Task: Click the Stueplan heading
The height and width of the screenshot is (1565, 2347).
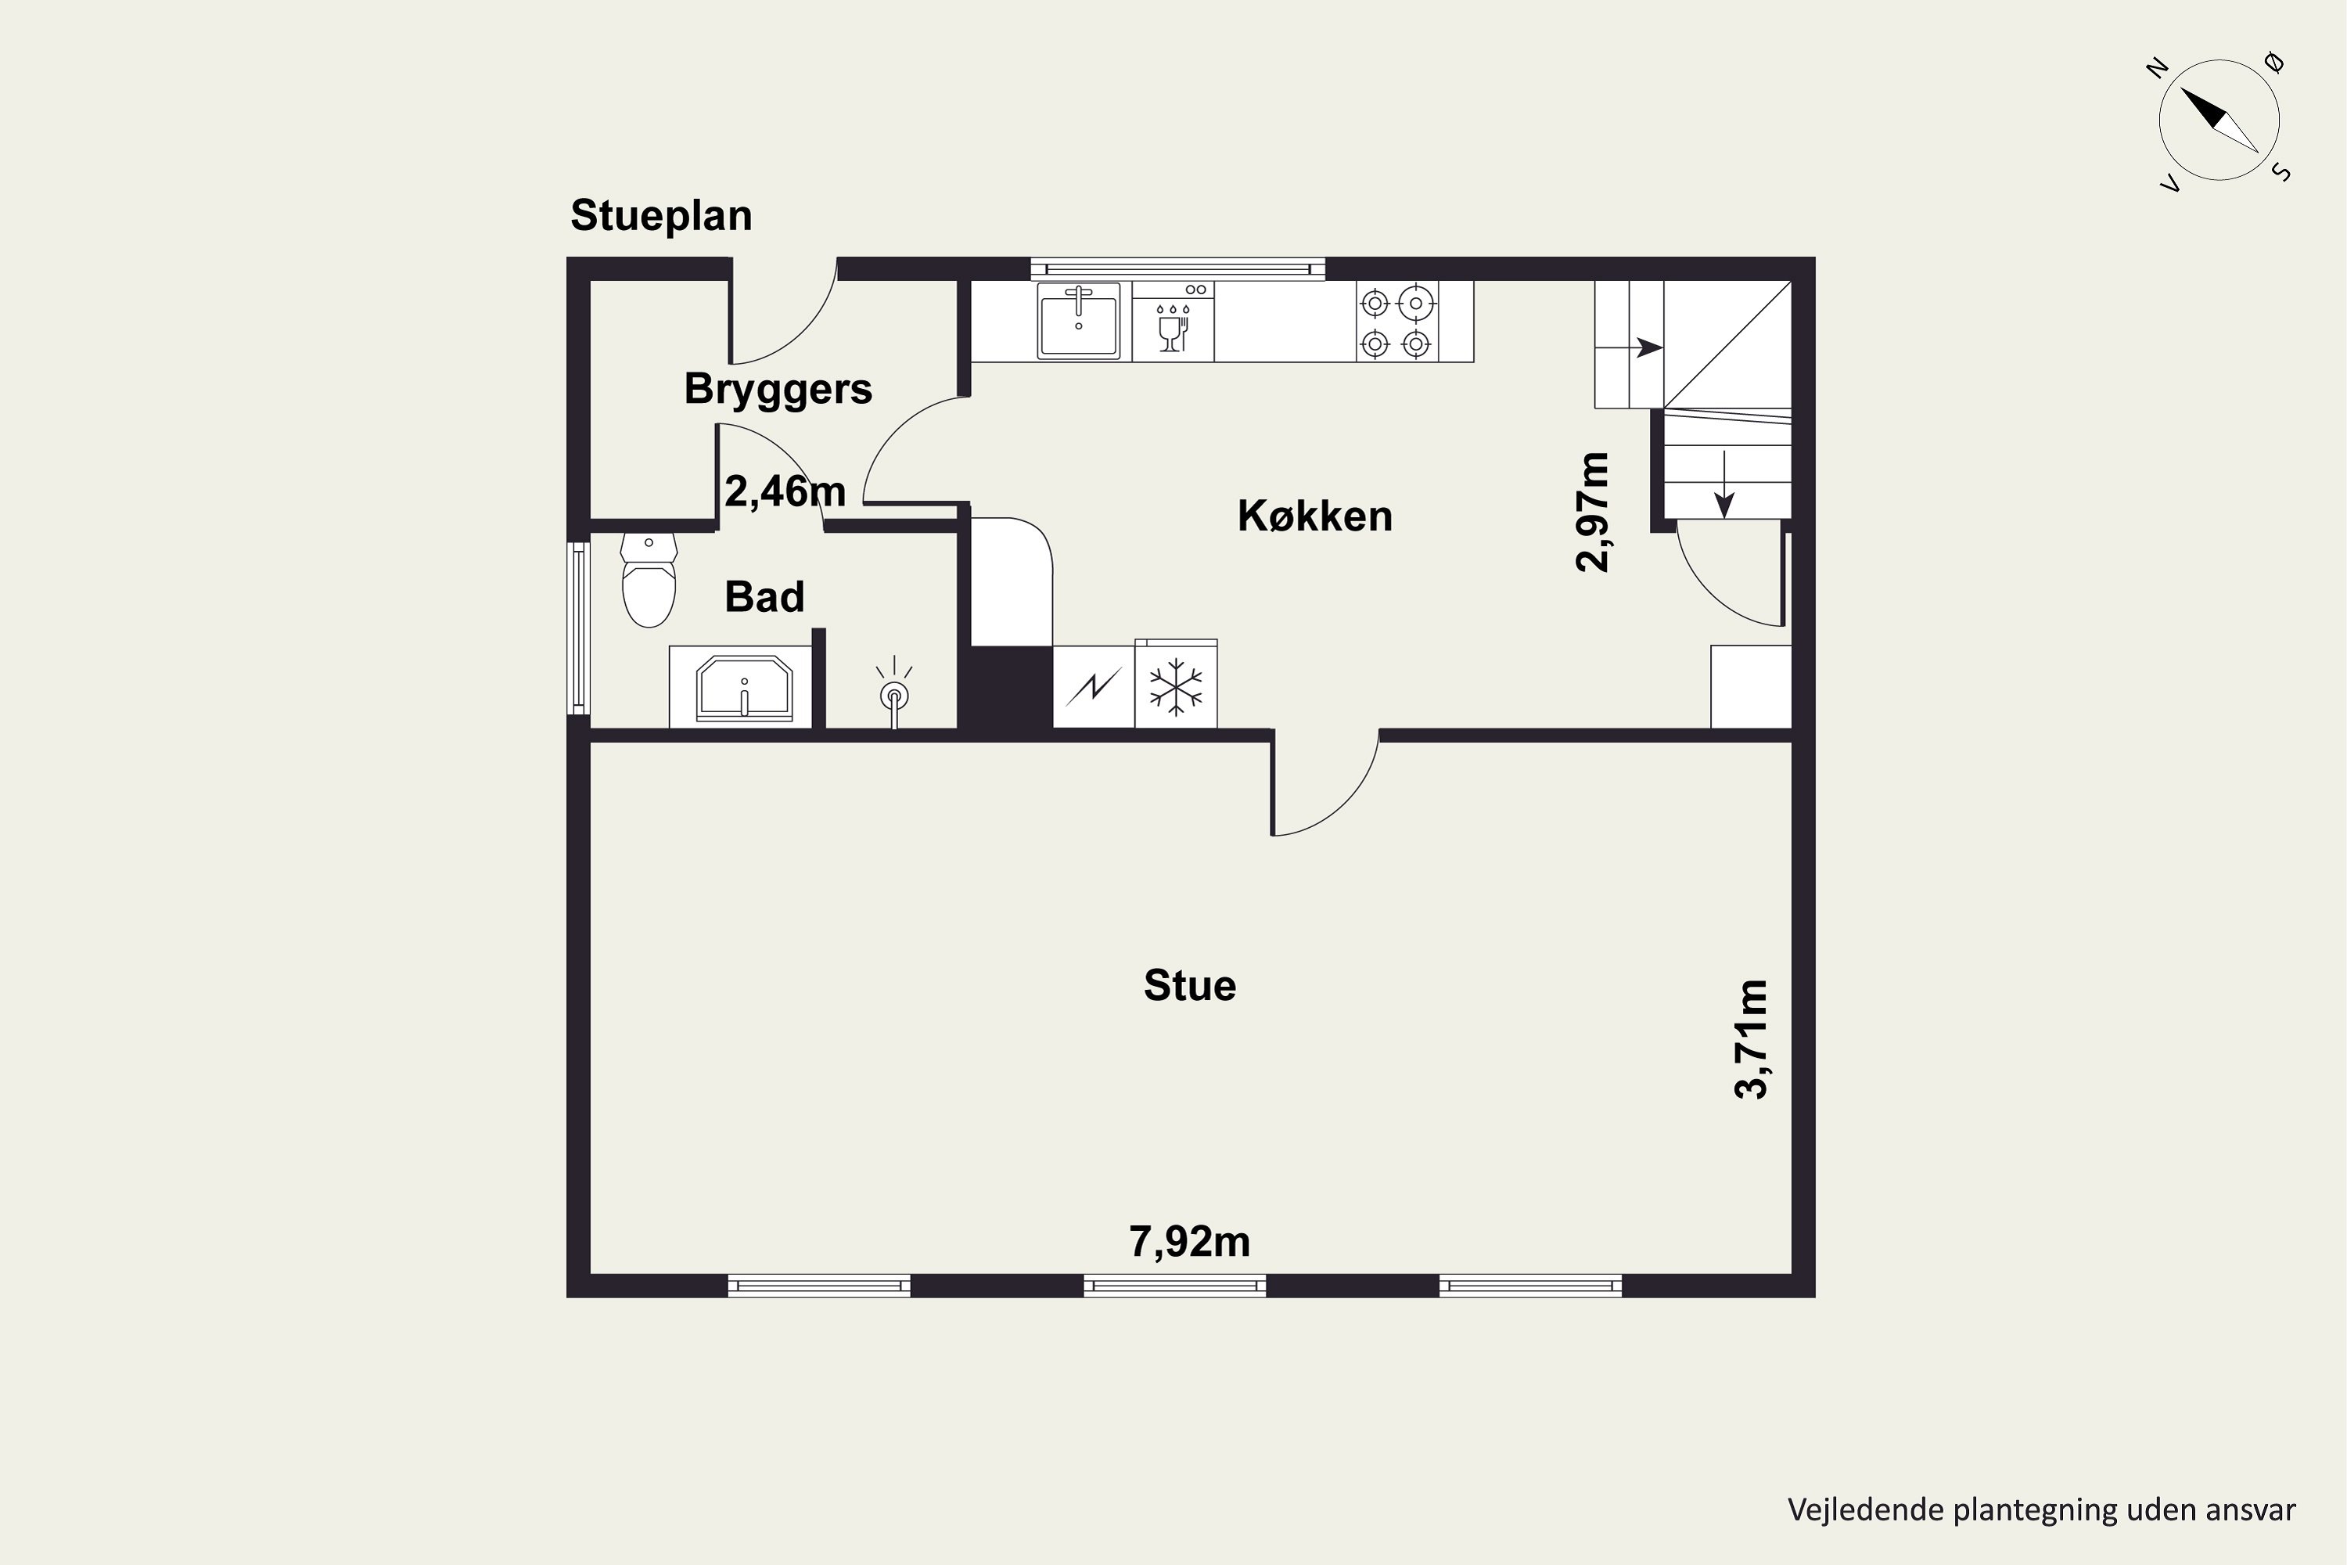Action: pos(660,217)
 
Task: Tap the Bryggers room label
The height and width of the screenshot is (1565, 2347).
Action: pos(778,389)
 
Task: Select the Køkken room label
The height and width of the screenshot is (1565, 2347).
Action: pos(1314,516)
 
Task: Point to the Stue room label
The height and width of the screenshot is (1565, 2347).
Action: pos(1189,986)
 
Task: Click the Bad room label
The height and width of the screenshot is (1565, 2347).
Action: pos(764,597)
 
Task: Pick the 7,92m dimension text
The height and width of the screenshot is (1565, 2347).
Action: pos(1189,1242)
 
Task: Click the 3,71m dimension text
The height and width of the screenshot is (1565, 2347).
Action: pos(1752,1039)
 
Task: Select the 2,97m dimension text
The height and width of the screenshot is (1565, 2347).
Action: pos(1593,512)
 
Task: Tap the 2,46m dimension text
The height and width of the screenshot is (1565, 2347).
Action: pos(785,491)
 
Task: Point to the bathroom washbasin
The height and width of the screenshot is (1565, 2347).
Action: pos(743,687)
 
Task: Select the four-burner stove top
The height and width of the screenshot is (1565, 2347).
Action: pos(1396,322)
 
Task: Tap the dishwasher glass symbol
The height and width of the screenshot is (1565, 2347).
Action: pos(1173,327)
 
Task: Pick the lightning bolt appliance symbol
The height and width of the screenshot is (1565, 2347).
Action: pos(1094,687)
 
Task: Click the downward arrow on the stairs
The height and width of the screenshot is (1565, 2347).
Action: pos(1724,484)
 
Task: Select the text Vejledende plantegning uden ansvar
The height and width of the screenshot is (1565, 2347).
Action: pos(2042,1510)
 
